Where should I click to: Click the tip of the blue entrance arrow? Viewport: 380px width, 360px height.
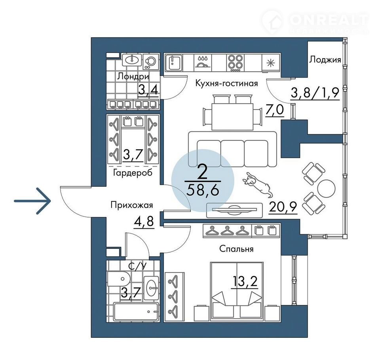pos(51,201)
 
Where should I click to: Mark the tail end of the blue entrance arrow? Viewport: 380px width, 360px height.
pos(14,201)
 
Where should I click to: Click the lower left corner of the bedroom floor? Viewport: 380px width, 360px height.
pos(164,322)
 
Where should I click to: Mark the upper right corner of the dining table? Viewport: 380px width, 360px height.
pos(253,103)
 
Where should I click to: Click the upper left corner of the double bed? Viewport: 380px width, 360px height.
pos(211,262)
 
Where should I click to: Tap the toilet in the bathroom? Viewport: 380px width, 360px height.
pos(119,279)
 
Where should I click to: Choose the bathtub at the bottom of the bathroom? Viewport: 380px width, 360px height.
pos(137,312)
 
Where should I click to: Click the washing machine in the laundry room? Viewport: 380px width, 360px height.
pos(151,62)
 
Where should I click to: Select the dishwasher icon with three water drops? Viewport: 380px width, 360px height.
pos(203,63)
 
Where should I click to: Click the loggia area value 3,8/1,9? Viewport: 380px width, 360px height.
pos(315,93)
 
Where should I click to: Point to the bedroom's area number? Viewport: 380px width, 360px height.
pos(245,281)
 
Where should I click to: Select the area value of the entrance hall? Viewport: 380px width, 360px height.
pos(143,221)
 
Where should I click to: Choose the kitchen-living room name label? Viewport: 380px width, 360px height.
pos(226,83)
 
